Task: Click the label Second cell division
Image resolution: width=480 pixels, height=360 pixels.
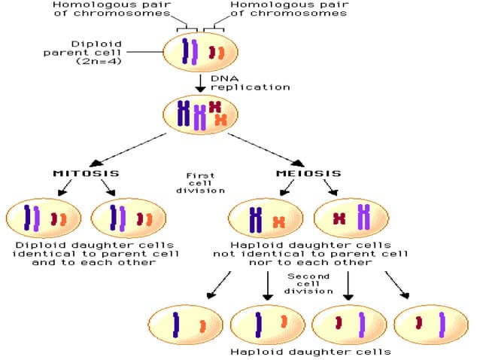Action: [308, 284]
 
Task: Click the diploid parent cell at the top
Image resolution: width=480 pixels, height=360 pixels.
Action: [201, 52]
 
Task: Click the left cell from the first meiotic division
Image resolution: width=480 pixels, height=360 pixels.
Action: [265, 218]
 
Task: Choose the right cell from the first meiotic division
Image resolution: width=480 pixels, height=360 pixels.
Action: [351, 218]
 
